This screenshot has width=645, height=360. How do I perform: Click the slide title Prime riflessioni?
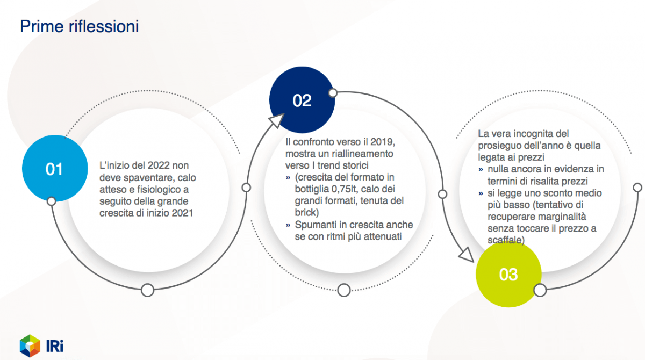click(79, 26)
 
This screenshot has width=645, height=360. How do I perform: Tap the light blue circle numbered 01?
click(55, 168)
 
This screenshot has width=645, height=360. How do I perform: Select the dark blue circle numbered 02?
click(302, 100)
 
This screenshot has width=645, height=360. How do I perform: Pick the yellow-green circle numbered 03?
click(508, 274)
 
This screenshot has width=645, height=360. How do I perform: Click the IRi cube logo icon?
click(30, 345)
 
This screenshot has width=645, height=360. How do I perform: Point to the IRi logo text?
click(55, 346)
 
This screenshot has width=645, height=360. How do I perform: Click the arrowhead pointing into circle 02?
click(276, 120)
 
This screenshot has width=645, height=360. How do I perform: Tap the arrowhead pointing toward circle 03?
click(467, 255)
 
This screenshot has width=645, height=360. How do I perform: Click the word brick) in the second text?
click(307, 212)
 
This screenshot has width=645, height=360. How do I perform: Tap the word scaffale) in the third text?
click(506, 240)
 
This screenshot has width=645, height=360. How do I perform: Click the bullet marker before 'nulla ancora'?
click(481, 169)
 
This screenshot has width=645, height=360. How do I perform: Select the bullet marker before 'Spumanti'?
click(288, 225)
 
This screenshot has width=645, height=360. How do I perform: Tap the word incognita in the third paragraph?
click(534, 134)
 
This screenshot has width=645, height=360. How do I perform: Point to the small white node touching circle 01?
click(51, 201)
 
